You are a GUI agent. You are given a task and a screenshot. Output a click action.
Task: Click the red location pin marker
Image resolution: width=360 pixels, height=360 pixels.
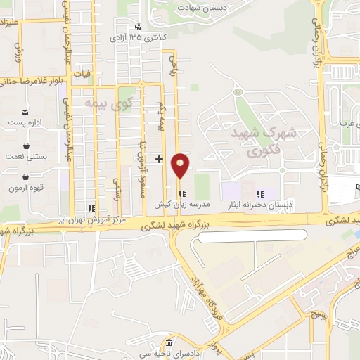coord(181,165)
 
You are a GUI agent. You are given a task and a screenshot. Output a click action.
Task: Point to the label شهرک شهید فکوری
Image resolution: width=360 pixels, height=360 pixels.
coord(259,141)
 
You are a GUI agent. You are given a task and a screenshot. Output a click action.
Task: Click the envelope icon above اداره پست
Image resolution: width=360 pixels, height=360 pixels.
coord(25,112)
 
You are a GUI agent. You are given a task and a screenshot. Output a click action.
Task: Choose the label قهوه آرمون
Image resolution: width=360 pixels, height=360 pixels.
coord(26,188)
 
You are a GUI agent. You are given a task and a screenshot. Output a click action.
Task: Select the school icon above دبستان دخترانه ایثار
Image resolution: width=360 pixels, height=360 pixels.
coord(259,194)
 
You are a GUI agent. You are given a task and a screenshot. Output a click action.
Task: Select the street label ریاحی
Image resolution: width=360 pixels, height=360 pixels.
coord(173,70)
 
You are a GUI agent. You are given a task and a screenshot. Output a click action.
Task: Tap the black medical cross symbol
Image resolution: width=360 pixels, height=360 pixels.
coord(160,159)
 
